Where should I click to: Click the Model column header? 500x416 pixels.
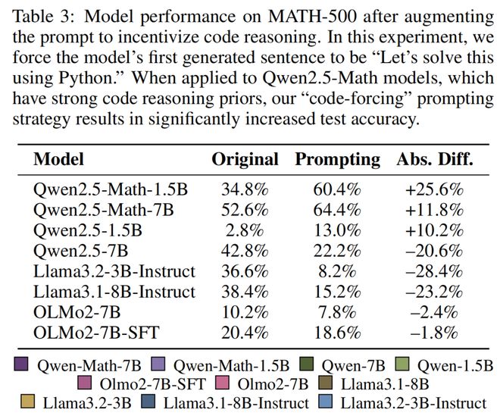click(x=59, y=160)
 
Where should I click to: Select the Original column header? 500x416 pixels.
click(x=245, y=160)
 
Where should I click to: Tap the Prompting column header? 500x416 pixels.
click(x=337, y=160)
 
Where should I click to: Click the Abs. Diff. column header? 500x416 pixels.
click(x=434, y=160)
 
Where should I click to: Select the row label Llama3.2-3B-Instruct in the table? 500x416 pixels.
click(x=114, y=271)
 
